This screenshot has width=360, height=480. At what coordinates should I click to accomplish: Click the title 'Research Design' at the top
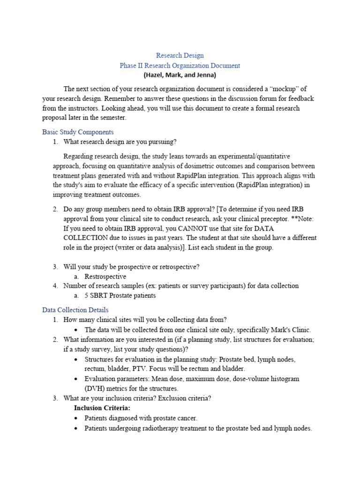point(180,55)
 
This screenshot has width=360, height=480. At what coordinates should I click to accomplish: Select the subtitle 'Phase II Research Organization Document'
point(180,66)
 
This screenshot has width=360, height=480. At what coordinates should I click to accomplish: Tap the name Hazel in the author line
point(154,75)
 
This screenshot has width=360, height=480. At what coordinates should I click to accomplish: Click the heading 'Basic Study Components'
point(78,132)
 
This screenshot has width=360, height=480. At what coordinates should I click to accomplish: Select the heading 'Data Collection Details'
point(75,310)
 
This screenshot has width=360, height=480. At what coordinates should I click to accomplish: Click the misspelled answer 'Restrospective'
point(105,277)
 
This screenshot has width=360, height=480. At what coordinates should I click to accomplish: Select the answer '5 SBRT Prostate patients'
point(120,296)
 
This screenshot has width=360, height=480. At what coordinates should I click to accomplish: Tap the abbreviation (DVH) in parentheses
point(94,389)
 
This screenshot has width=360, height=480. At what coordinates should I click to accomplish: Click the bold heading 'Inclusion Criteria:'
point(102,408)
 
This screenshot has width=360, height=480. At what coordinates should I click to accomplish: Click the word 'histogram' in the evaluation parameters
point(282,379)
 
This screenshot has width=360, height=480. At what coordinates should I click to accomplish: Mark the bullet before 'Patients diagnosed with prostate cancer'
point(76,418)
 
